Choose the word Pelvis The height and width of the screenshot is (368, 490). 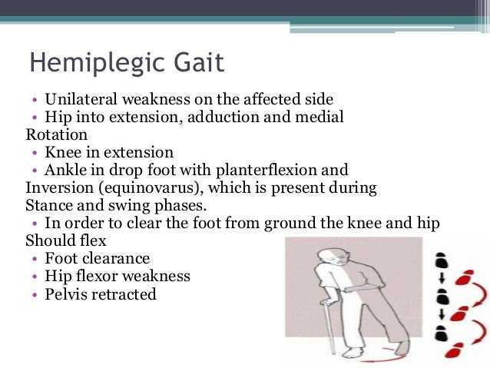click(67, 293)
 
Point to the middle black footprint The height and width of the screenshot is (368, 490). click(441, 297)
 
